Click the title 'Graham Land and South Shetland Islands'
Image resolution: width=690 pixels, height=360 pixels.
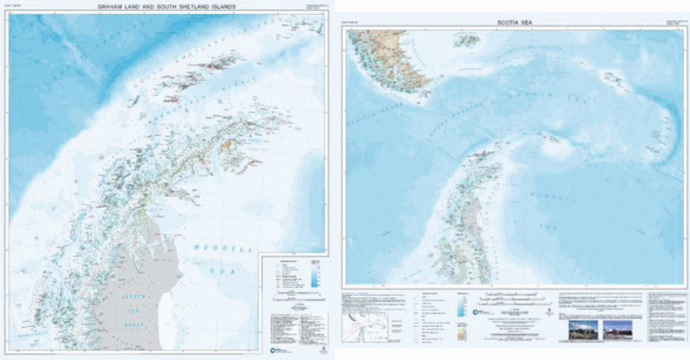[166, 7]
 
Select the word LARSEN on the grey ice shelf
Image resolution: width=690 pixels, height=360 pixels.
[133, 297]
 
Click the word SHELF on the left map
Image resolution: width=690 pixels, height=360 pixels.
[134, 324]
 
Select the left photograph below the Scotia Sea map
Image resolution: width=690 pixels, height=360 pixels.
[583, 330]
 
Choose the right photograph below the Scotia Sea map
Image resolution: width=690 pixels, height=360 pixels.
[617, 330]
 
